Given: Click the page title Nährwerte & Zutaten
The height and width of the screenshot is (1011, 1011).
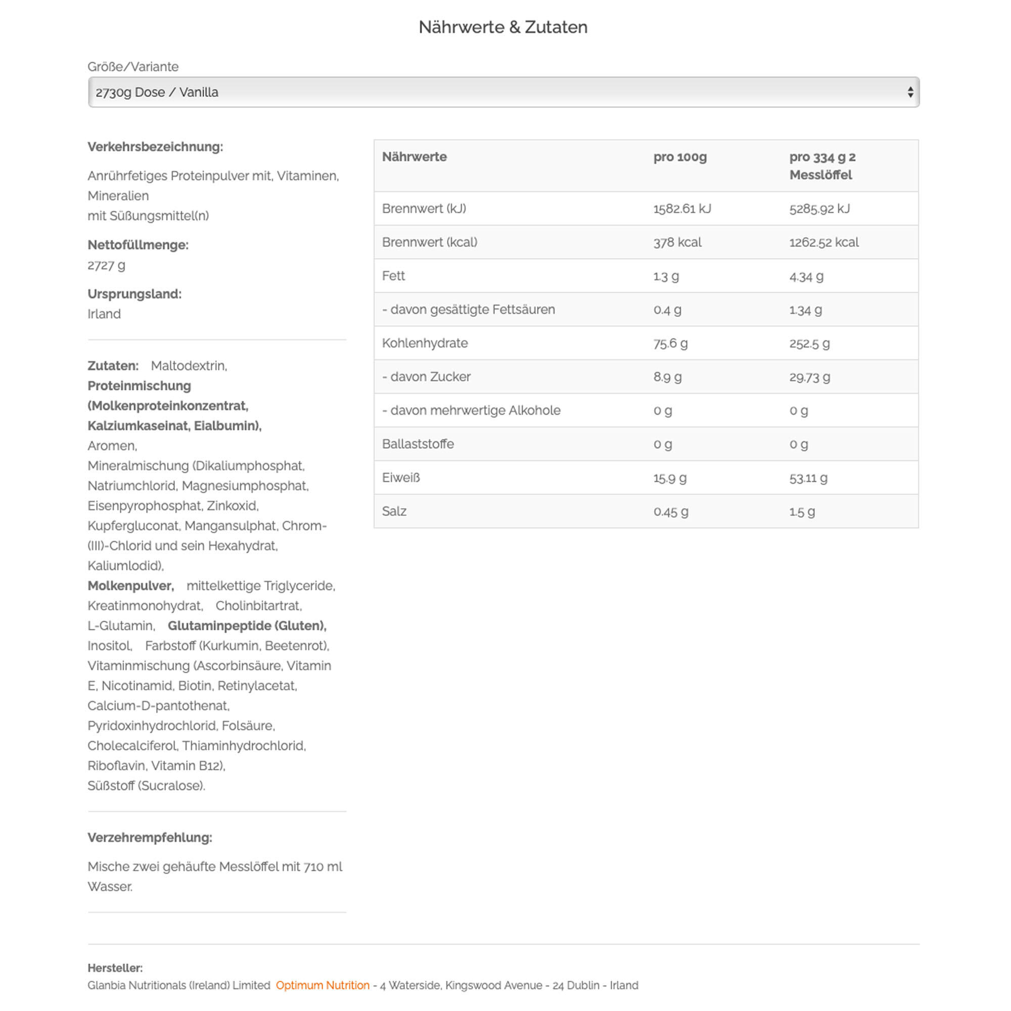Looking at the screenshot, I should click(x=503, y=27).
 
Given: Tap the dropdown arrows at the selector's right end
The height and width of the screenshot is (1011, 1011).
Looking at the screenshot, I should click(x=910, y=92).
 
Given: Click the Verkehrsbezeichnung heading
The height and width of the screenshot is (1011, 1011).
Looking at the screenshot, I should click(x=155, y=147).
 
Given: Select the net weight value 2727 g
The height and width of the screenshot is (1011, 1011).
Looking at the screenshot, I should click(x=106, y=265).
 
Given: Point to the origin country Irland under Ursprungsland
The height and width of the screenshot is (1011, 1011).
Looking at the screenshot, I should click(x=104, y=313).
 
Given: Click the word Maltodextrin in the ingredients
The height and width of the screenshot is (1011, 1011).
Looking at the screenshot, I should click(x=189, y=365).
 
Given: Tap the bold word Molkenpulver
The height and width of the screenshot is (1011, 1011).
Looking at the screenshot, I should click(x=130, y=585).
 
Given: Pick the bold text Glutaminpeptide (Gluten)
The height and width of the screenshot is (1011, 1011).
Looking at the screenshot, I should click(x=247, y=625).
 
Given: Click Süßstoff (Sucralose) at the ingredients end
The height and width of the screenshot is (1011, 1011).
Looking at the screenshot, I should click(x=146, y=786).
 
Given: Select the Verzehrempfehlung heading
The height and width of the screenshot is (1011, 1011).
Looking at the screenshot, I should click(x=150, y=837).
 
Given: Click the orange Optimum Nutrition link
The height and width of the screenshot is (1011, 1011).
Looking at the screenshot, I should click(x=323, y=985).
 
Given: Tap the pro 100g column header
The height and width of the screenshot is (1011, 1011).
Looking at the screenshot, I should click(x=680, y=157).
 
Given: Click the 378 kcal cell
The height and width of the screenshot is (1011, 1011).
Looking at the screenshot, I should click(x=677, y=242).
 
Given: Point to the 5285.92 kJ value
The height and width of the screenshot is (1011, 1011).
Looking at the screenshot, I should click(x=819, y=209).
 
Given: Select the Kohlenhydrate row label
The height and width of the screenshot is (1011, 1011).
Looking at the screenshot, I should click(x=425, y=343).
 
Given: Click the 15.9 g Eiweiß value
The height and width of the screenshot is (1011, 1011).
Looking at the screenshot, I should click(x=670, y=478).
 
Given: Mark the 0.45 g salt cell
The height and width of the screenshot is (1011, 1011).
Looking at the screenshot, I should click(x=670, y=511).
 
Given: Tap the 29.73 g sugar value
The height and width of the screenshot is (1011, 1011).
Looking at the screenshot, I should click(x=809, y=377).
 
